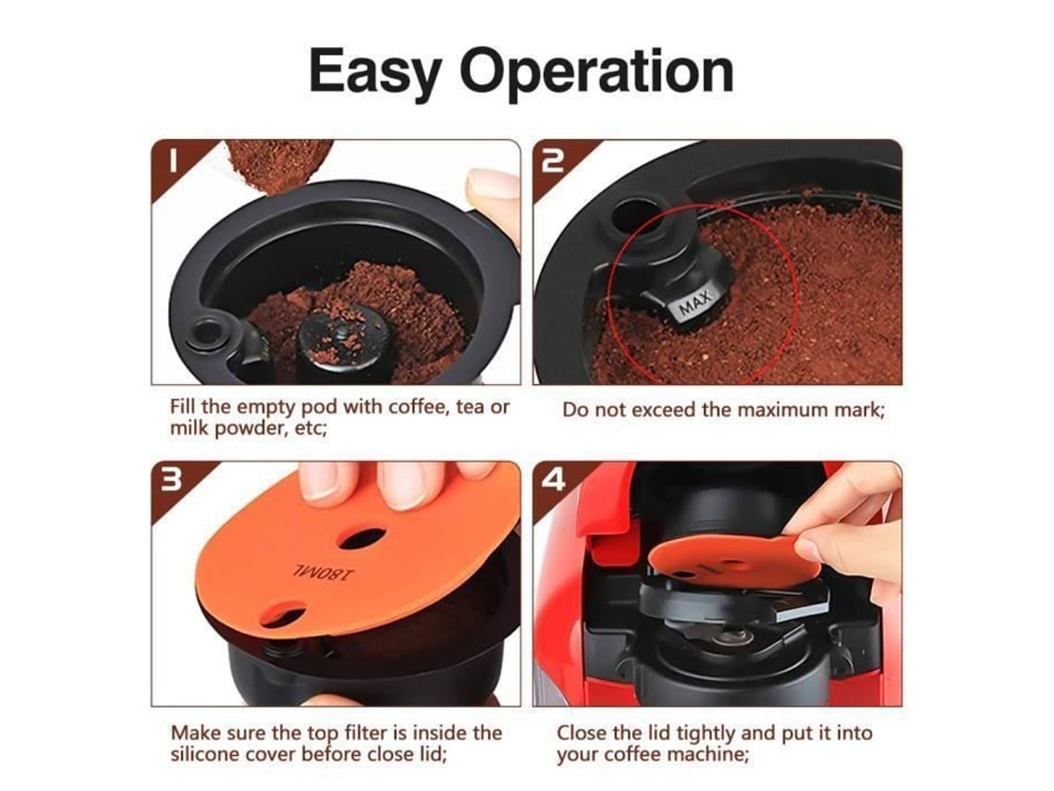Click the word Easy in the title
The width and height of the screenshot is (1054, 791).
tap(374, 72)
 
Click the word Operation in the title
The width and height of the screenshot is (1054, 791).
tap(596, 70)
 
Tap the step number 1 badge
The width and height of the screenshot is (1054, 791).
tap(172, 162)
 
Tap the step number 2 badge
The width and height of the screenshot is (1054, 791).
tap(553, 162)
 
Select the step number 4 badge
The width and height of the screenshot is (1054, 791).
tap(553, 481)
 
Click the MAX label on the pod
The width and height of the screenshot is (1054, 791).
tap(694, 302)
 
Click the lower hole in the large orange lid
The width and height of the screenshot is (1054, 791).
tap(283, 612)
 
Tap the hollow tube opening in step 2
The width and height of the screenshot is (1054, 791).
tap(634, 215)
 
